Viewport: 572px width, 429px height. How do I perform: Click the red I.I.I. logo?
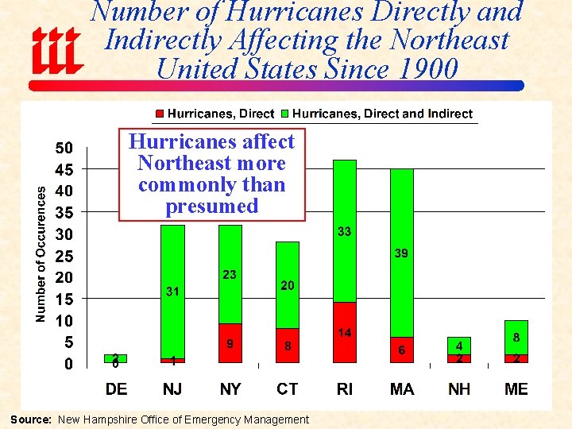pyautogui.click(x=56, y=50)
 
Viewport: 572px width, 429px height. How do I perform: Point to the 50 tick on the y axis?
pyautogui.click(x=64, y=148)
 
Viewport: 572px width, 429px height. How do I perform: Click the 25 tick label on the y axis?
pyautogui.click(x=64, y=257)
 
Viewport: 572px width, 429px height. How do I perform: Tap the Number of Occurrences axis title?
pyautogui.click(x=41, y=254)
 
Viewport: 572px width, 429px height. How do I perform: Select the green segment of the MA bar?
pyautogui.click(x=401, y=238)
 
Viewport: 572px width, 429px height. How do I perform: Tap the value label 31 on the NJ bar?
pyautogui.click(x=172, y=292)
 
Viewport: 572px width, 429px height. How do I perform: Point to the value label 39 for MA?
pyautogui.click(x=401, y=253)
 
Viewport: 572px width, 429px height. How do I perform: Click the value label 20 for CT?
pyautogui.click(x=287, y=285)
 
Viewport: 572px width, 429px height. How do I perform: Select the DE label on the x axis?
pyautogui.click(x=116, y=388)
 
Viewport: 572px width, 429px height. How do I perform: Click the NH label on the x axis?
pyautogui.click(x=458, y=388)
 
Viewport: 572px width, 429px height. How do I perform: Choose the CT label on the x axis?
pyautogui.click(x=287, y=388)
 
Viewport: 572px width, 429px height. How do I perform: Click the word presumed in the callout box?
pyautogui.click(x=211, y=207)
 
